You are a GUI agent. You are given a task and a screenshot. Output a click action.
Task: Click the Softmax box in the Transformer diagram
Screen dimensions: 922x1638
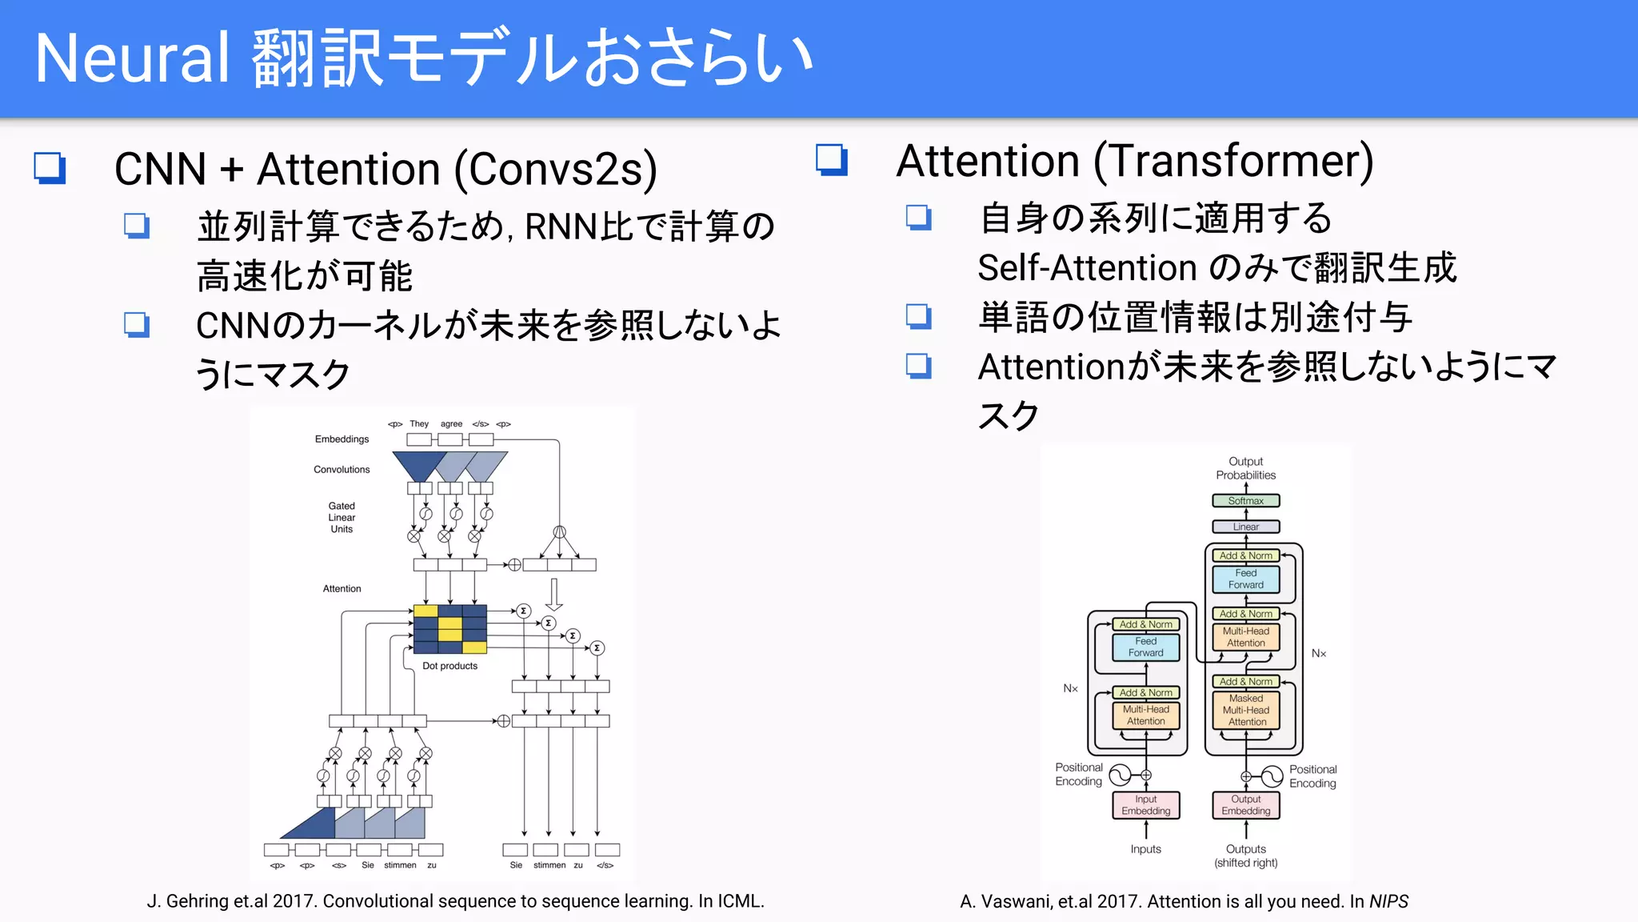click(x=1245, y=501)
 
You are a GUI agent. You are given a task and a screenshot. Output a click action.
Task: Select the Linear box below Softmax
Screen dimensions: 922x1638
click(x=1245, y=527)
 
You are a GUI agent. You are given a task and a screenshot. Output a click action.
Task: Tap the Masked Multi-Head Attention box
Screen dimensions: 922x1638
click(x=1246, y=710)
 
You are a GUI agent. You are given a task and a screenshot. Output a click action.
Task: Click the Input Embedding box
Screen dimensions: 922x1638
click(x=1145, y=805)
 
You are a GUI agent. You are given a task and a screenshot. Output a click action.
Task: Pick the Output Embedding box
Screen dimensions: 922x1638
click(x=1245, y=805)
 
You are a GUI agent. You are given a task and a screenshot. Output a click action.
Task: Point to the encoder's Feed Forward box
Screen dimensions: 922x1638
click(x=1145, y=647)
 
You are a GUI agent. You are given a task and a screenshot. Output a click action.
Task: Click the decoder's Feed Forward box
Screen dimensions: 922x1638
click(x=1245, y=579)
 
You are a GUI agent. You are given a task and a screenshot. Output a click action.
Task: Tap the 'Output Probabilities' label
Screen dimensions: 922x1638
click(x=1245, y=468)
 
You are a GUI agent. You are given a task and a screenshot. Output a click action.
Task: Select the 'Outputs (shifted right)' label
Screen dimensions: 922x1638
click(x=1245, y=856)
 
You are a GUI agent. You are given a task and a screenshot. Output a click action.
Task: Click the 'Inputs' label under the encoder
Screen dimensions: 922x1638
click(x=1145, y=849)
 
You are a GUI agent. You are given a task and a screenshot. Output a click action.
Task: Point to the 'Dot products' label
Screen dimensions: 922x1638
click(x=449, y=666)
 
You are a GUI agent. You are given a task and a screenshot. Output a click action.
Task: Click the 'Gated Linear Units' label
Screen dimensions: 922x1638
click(x=342, y=517)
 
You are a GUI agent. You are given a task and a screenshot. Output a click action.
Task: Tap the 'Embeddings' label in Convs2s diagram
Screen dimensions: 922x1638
click(x=342, y=439)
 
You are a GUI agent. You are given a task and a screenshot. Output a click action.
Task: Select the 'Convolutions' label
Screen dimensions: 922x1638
click(x=342, y=470)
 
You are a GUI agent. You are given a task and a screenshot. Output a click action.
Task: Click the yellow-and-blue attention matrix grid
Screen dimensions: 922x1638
click(x=450, y=629)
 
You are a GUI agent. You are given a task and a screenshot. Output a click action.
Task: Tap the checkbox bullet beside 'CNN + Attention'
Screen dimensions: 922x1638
click(x=50, y=168)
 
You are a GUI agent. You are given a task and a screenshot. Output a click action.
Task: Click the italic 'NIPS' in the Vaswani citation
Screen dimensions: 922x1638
click(x=1388, y=902)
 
